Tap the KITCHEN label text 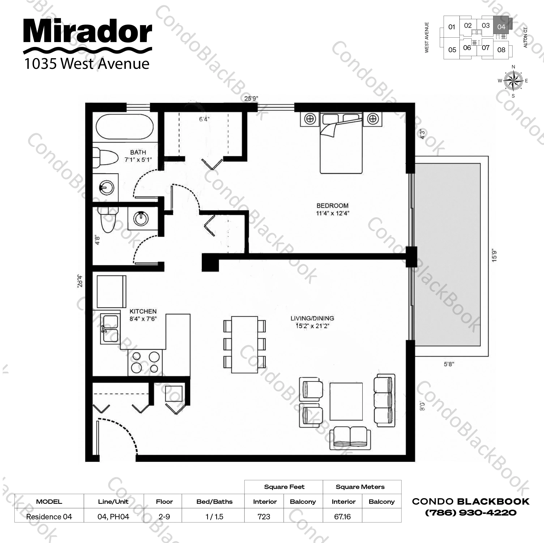(143, 311)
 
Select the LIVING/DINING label (312, 318)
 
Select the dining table (244, 345)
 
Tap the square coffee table (346, 401)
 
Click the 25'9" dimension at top (251, 98)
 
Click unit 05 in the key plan (452, 50)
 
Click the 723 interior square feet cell (264, 517)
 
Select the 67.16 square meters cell (342, 517)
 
